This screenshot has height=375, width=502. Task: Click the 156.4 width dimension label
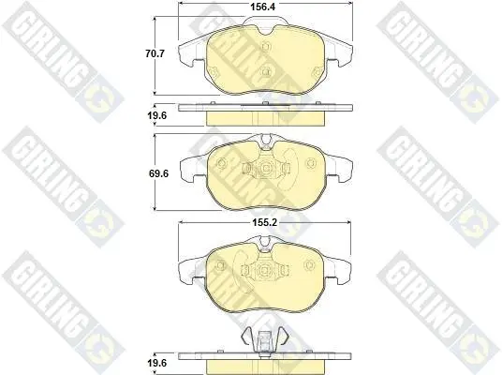pyautogui.click(x=262, y=7)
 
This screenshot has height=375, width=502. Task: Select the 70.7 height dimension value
pyautogui.click(x=155, y=53)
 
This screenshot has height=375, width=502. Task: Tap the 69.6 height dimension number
pyautogui.click(x=158, y=173)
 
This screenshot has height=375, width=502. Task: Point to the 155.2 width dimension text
pyautogui.click(x=264, y=222)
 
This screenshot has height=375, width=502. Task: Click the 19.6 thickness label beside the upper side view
pyautogui.click(x=157, y=115)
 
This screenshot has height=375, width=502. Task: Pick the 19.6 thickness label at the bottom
pyautogui.click(x=157, y=363)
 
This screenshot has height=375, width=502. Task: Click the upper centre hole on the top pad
pyautogui.click(x=265, y=47)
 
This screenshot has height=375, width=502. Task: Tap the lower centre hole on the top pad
pyautogui.click(x=265, y=71)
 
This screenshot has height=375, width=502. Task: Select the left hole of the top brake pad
pyautogui.click(x=214, y=71)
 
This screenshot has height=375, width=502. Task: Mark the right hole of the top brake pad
pyautogui.click(x=317, y=72)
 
